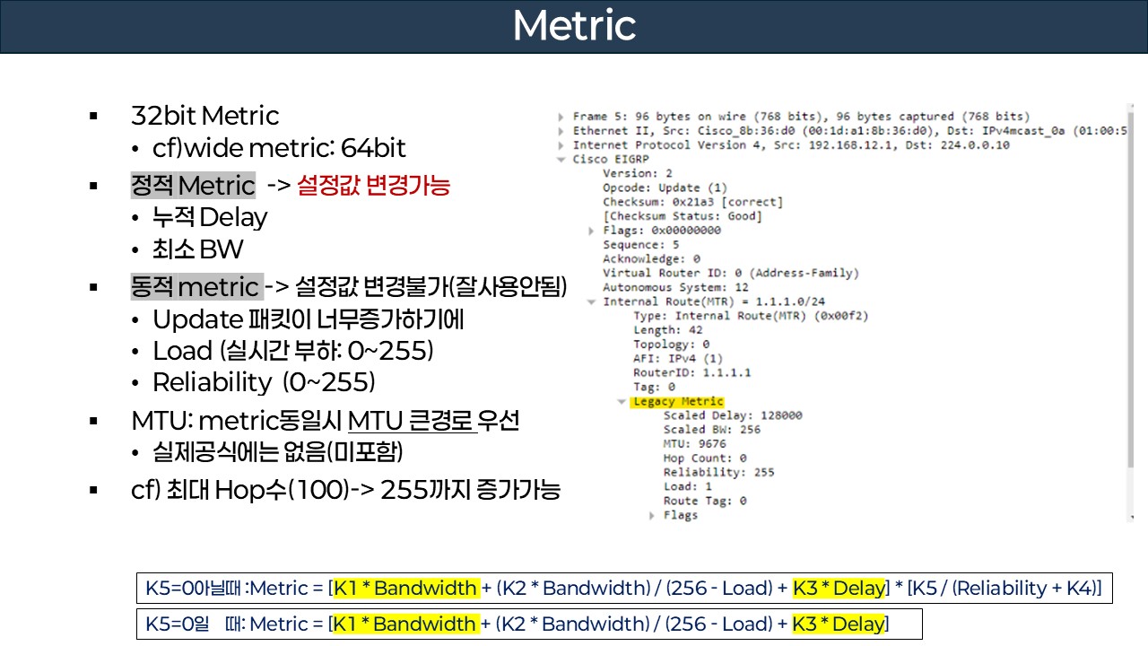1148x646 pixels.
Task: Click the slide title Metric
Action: (574, 26)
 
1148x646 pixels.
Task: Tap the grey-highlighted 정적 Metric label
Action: (193, 186)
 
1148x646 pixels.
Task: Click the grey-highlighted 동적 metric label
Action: (196, 287)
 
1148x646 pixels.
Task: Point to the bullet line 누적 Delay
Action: (210, 217)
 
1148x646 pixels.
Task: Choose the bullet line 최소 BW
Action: (197, 249)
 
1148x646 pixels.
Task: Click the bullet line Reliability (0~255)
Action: (263, 382)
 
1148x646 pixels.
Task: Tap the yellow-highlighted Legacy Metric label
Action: (678, 401)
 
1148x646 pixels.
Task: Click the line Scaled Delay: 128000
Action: (733, 415)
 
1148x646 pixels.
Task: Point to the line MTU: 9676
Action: (694, 443)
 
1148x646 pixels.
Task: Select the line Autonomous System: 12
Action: (675, 287)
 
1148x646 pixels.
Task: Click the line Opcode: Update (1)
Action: (665, 188)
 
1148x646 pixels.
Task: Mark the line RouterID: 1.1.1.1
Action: (691, 372)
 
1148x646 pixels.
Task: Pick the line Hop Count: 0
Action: (705, 458)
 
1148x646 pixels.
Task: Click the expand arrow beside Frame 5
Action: (561, 117)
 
